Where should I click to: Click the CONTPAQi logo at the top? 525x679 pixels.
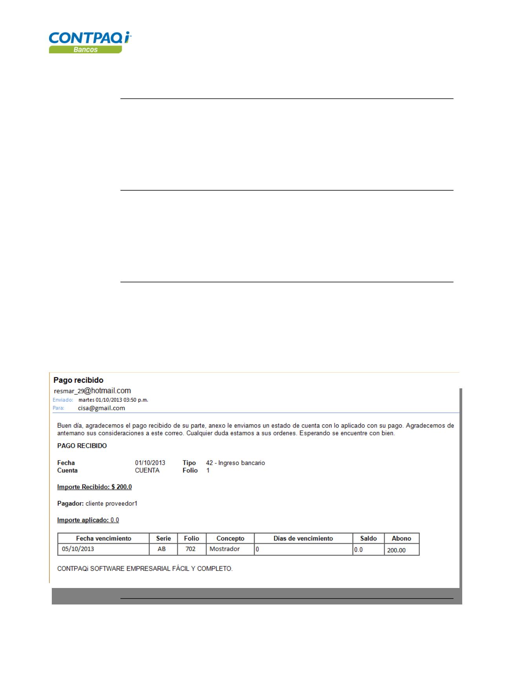tap(90, 38)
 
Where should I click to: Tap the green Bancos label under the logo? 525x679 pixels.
tap(86, 50)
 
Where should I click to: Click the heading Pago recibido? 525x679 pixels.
tap(78, 380)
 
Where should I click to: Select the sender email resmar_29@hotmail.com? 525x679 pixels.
tap(92, 391)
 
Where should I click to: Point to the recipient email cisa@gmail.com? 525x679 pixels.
tap(101, 408)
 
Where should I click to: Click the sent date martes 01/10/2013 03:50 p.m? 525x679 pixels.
tap(113, 400)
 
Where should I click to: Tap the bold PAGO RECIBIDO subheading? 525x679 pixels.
tap(82, 446)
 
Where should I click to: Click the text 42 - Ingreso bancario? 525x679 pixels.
tap(235, 463)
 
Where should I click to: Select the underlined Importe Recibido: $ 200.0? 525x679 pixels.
tap(95, 487)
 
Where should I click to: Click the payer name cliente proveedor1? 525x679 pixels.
tap(111, 503)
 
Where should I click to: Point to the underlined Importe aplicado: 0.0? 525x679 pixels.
tap(88, 520)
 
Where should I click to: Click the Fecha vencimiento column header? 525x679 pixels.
tap(104, 539)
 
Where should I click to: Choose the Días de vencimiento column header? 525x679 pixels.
tap(303, 539)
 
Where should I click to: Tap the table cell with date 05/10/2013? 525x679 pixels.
tap(78, 549)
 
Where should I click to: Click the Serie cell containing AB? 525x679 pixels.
tap(162, 549)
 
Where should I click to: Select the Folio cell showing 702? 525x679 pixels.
tap(190, 549)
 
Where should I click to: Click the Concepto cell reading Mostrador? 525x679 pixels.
tap(224, 549)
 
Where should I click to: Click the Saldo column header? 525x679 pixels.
tap(368, 539)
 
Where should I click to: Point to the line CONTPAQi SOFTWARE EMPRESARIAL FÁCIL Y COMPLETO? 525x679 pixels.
tap(145, 569)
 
